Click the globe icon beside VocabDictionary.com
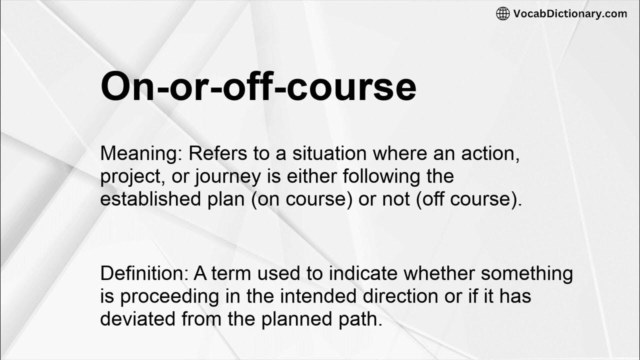(503, 13)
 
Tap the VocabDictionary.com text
(570, 13)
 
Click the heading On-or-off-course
(258, 87)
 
